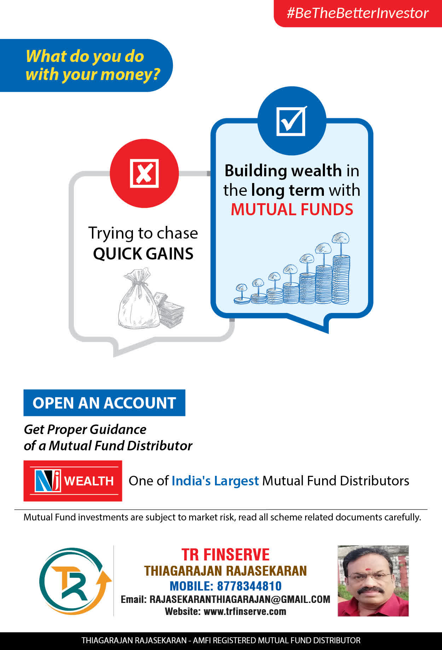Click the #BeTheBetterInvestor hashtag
click(357, 13)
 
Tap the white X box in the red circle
click(144, 173)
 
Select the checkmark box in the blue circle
click(291, 121)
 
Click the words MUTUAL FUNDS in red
click(292, 209)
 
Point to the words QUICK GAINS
click(143, 254)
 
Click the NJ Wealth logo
click(73, 481)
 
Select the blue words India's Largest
click(215, 481)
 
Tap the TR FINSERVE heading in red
click(226, 554)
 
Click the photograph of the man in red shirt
click(373, 581)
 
